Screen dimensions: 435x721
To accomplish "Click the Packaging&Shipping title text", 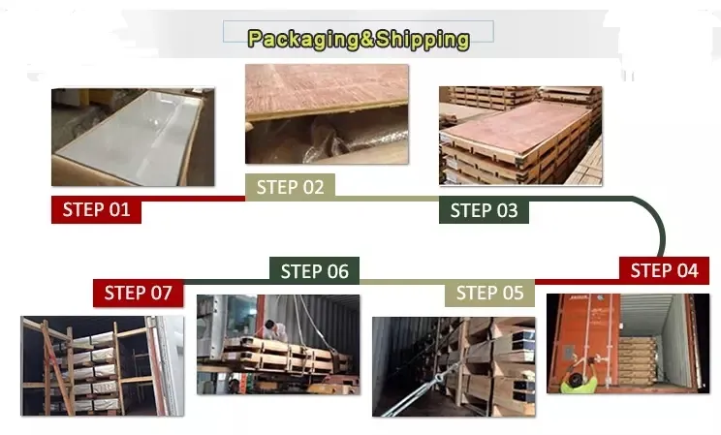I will [359, 39].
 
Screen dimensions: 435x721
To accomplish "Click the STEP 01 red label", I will [96, 209].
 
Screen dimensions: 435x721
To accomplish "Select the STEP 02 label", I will [290, 187].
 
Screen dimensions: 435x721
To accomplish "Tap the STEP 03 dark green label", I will [484, 210].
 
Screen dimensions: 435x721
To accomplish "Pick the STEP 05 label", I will [489, 293].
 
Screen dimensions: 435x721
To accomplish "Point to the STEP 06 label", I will [314, 271].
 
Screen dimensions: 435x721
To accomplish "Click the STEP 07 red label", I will [138, 293].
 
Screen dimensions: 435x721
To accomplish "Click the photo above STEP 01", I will [133, 138].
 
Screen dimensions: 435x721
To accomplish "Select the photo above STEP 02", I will [326, 113].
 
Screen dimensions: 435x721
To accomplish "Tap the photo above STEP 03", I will [519, 136].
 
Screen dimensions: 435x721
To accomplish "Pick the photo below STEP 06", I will [278, 344].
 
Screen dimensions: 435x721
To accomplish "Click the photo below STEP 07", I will [103, 366].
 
